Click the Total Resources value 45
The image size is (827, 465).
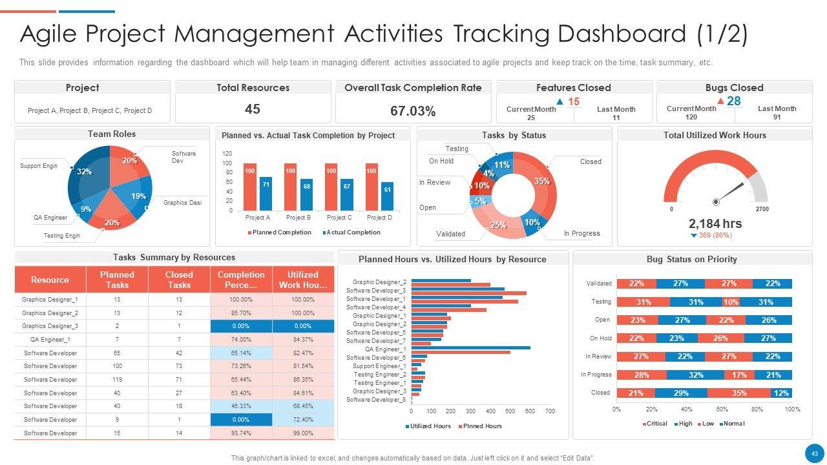(x=253, y=109)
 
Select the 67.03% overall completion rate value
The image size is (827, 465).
(x=413, y=111)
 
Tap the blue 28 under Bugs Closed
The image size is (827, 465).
(x=733, y=101)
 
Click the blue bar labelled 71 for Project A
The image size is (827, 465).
(x=266, y=193)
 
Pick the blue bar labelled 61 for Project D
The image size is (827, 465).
(x=387, y=196)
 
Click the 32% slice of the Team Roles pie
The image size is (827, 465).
(x=85, y=172)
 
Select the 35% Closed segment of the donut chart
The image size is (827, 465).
(x=541, y=181)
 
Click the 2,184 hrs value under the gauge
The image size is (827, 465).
(x=715, y=223)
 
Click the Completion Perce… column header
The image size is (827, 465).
(x=241, y=280)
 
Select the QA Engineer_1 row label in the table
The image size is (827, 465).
(x=50, y=340)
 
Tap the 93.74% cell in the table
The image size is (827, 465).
(x=241, y=433)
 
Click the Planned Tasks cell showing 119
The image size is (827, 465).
(x=117, y=380)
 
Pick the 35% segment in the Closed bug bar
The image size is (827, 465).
(x=738, y=393)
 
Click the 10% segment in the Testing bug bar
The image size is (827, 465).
(x=731, y=302)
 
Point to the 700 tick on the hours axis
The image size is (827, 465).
(x=550, y=411)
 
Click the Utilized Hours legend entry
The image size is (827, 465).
(x=428, y=426)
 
